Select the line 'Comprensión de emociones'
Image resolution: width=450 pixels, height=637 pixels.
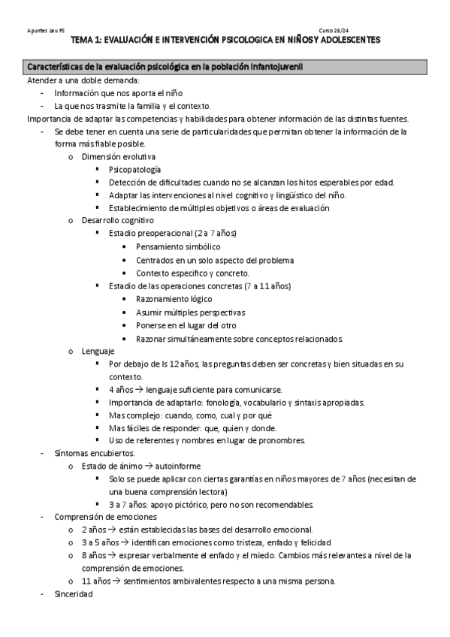point(105,517)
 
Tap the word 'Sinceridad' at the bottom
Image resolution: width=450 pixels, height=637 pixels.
point(74,594)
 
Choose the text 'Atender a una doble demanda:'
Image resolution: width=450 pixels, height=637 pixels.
point(83,80)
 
